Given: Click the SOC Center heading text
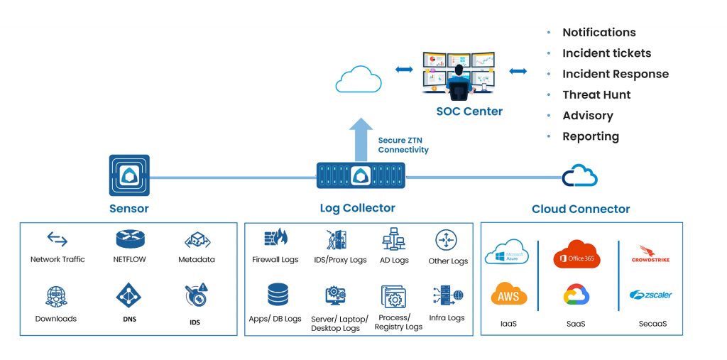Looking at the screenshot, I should pyautogui.click(x=469, y=111).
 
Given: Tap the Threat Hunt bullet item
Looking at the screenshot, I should pyautogui.click(x=596, y=94).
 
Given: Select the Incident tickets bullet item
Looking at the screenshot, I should pyautogui.click(x=606, y=53).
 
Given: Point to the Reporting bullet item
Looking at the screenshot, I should pyautogui.click(x=590, y=136).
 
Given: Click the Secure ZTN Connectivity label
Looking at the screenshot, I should pyautogui.click(x=403, y=146).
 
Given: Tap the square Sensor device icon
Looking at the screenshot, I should pyautogui.click(x=129, y=175).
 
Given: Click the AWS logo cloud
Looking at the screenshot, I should pyautogui.click(x=508, y=295).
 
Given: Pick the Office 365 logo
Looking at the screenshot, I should pyautogui.click(x=576, y=256).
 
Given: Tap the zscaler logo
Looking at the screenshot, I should pyautogui.click(x=650, y=295).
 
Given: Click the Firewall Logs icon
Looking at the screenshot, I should pyautogui.click(x=275, y=238).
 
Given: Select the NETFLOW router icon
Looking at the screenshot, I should pyautogui.click(x=129, y=239).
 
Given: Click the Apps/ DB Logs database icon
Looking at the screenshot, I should pyautogui.click(x=278, y=294).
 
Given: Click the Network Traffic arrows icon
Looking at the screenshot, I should pyautogui.click(x=57, y=239).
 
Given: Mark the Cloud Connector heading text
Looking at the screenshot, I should pyautogui.click(x=581, y=209).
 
